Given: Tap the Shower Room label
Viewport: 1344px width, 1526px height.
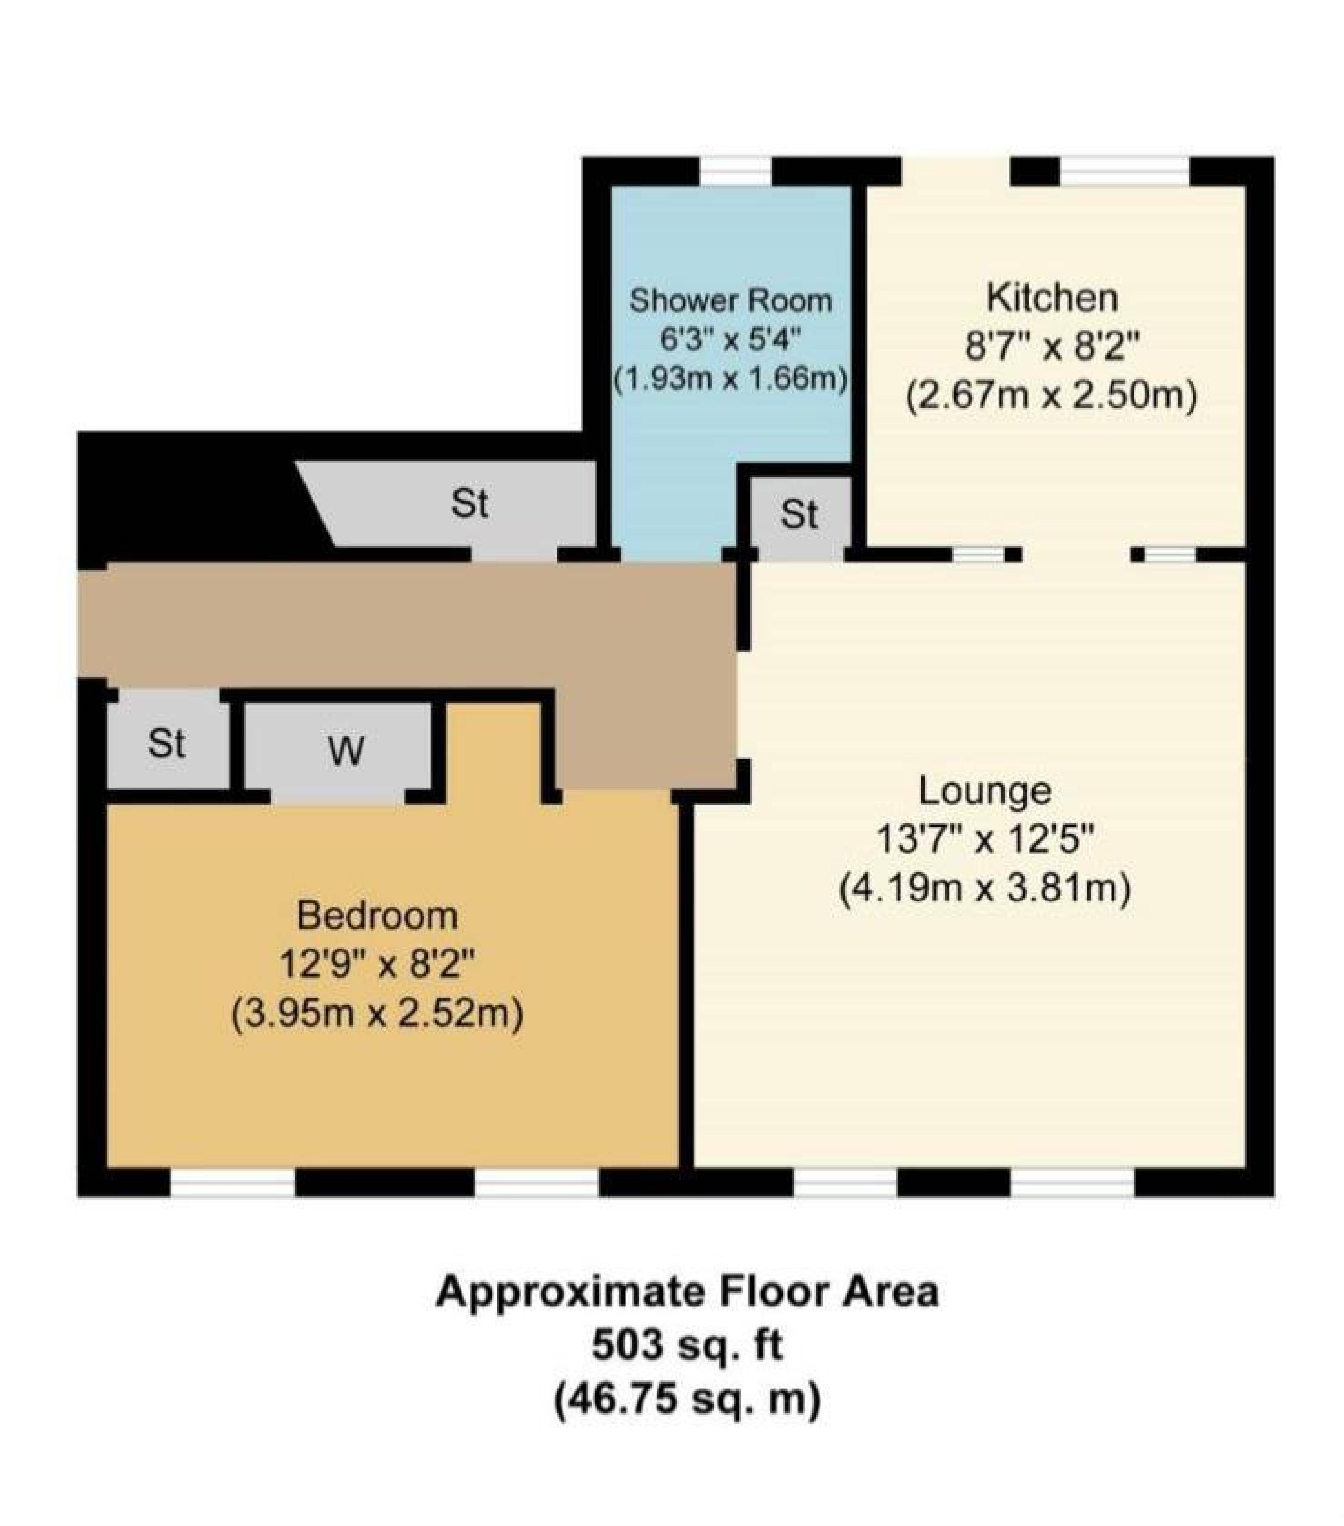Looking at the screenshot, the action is (730, 301).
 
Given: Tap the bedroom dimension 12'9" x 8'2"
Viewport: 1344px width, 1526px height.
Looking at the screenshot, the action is (377, 965).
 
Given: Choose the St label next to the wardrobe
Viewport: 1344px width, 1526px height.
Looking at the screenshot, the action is (166, 743).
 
